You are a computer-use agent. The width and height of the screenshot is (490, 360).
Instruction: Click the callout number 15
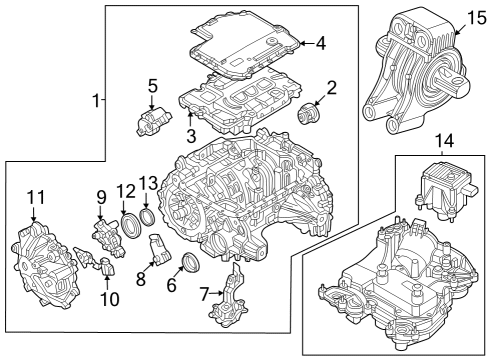coord(475,17)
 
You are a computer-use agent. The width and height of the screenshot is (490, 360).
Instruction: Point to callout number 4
coord(320,43)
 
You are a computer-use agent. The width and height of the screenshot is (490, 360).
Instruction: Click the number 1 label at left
coord(97,101)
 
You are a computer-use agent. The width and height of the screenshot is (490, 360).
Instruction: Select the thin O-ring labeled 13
coord(147,217)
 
